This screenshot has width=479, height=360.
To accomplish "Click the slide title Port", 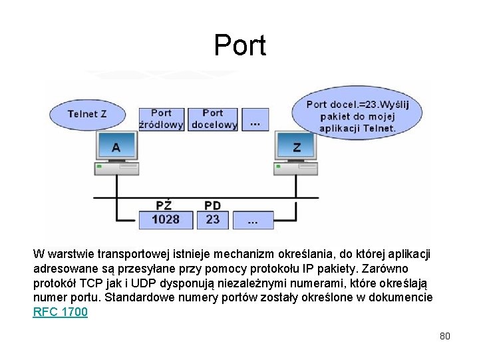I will pos(239,45).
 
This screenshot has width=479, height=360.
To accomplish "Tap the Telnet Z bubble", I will pos(87,114).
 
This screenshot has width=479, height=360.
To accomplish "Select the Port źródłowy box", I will pos(161,119).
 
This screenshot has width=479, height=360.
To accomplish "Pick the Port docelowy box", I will pos(213,119).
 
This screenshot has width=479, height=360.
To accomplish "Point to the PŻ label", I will pos(164,205).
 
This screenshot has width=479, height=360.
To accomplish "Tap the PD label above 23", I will pos(213,205).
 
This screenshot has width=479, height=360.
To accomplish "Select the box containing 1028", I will pos(165,219).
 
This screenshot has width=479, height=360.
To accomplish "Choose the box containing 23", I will pos(213,219).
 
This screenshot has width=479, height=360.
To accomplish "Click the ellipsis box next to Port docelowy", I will pos(253,119).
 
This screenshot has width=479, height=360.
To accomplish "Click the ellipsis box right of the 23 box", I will pos(253,219).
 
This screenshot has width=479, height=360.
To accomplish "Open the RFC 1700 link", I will pos(61,311).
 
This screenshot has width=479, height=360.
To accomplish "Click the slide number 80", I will pos(445,336).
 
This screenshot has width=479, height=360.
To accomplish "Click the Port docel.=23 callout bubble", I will pos(357,115).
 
